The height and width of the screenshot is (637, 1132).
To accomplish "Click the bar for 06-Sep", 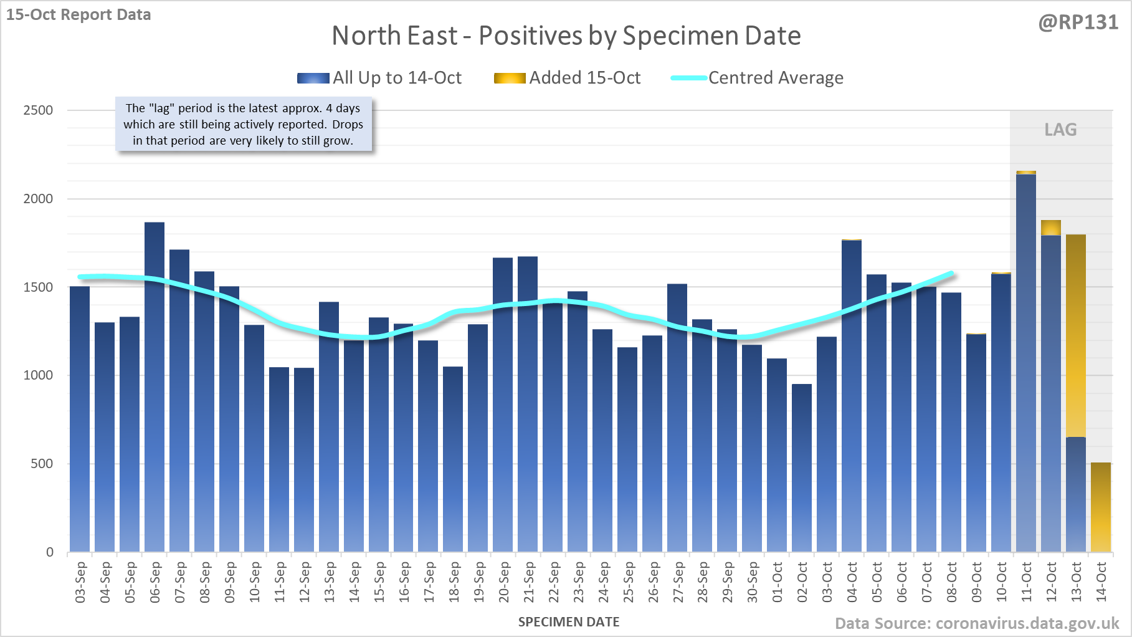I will coord(155,386).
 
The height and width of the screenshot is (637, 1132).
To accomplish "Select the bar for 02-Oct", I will coord(802,467).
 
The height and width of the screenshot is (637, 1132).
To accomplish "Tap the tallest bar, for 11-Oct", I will coord(1026,362).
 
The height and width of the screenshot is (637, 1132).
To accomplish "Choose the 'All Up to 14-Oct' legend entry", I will coord(379,78).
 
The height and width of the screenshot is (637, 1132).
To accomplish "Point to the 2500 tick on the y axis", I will coord(38,110).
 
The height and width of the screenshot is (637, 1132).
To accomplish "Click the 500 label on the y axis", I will coord(42,464).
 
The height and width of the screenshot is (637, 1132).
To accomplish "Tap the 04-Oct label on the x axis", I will coord(852,582).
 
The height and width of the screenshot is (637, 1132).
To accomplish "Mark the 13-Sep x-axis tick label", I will coord(329,582).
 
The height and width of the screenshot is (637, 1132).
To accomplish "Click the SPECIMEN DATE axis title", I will coord(569,622).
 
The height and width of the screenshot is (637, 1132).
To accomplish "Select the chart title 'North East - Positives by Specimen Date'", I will coord(566,36).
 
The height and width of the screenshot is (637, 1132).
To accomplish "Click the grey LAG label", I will coord(1060,130).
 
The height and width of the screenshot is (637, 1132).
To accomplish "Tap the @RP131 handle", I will coord(1078,22).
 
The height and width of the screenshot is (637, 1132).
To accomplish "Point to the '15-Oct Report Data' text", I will coord(78,14).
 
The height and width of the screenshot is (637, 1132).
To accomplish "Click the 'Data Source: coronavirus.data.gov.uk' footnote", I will coord(977,623).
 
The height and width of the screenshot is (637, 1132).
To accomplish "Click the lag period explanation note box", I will coord(244,124).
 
